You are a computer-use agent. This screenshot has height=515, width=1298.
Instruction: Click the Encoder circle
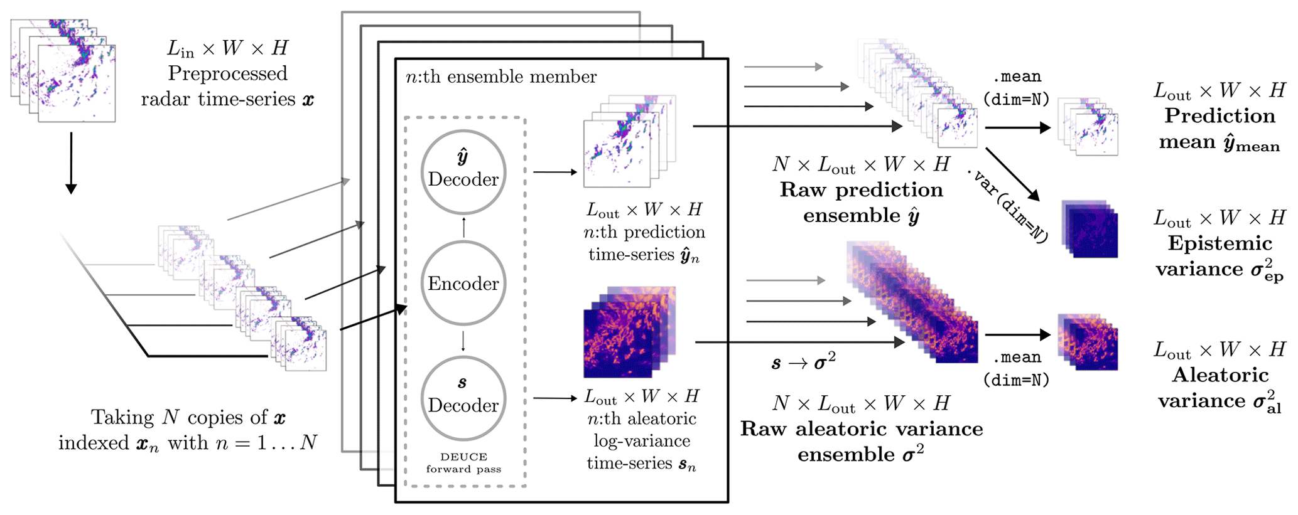(x=463, y=283)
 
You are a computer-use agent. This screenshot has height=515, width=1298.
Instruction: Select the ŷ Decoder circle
(x=463, y=171)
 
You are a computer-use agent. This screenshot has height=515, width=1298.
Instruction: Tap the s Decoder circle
(x=463, y=398)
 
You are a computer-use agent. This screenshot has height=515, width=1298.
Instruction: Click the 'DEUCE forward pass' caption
(x=463, y=463)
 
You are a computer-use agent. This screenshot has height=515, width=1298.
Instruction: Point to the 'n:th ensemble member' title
(x=501, y=77)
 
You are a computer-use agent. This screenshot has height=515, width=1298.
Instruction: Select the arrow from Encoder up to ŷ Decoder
(x=463, y=227)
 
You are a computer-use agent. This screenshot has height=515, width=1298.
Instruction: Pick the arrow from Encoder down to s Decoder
(x=463, y=341)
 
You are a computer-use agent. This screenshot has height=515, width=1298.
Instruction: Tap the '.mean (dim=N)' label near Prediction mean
(x=1017, y=88)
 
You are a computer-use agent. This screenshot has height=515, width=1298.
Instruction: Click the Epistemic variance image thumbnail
(x=1090, y=229)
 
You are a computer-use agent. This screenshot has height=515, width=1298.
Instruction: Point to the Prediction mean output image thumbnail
(x=1088, y=127)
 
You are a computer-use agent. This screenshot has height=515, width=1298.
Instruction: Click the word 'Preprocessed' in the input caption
(x=227, y=73)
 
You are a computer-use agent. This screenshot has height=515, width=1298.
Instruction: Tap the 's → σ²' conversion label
(x=803, y=361)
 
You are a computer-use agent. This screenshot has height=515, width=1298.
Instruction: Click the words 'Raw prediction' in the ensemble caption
(x=861, y=190)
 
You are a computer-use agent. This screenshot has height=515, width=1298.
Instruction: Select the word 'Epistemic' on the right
(x=1220, y=243)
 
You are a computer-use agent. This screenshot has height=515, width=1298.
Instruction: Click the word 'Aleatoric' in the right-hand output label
(x=1220, y=375)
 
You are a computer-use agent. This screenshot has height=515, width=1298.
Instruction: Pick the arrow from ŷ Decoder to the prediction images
(x=555, y=171)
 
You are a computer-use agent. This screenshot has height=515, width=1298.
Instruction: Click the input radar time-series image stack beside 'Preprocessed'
(x=63, y=70)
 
